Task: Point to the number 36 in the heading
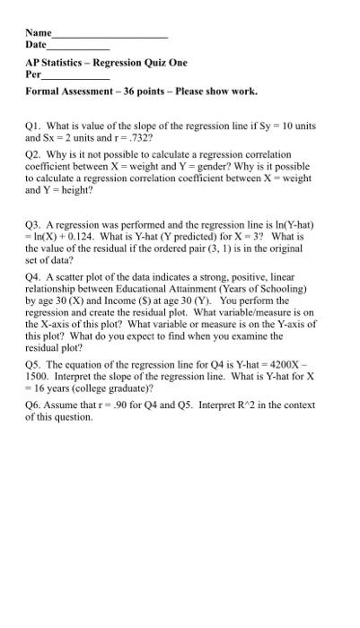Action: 125,92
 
